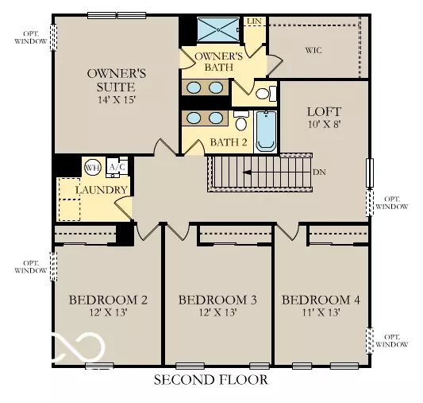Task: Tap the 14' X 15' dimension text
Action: [x=110, y=100]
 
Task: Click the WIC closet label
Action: [x=314, y=50]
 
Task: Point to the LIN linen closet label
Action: [x=254, y=21]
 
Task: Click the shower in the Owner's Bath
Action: [x=217, y=30]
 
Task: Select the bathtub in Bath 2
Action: [x=266, y=132]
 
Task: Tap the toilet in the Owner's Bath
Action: [x=264, y=94]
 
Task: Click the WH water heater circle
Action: [x=92, y=168]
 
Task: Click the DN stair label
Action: [x=318, y=172]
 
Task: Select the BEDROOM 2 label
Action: [x=108, y=300]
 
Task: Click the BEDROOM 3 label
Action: [x=217, y=300]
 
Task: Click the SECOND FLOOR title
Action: [x=211, y=381]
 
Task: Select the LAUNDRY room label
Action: [x=102, y=190]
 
